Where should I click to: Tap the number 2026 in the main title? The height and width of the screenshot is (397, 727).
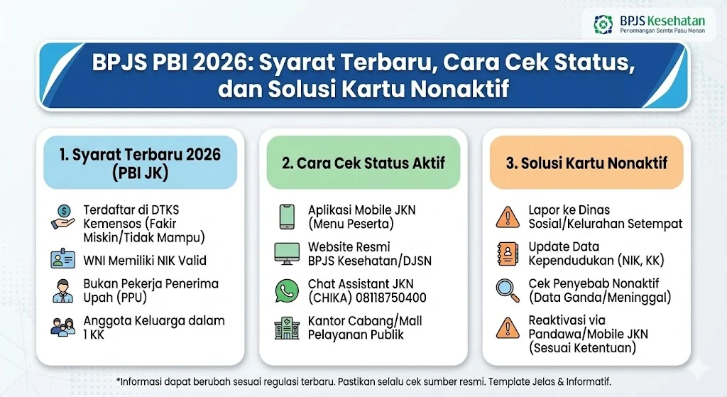pos(219,62)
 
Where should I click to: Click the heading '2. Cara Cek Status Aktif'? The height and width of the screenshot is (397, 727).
pos(363,163)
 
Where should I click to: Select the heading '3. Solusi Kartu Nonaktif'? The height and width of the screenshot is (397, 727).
pos(586,163)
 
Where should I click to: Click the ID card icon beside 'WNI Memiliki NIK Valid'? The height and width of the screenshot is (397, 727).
pos(63,260)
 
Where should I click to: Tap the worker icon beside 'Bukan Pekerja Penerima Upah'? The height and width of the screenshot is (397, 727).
pos(63,290)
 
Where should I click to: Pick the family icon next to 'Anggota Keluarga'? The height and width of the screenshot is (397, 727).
pos(63,327)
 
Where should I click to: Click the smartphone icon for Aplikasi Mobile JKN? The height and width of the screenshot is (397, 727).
pos(287,217)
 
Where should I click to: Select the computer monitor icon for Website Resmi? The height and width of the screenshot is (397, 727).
pos(287,254)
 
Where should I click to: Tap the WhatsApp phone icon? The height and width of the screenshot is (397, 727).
pos(287,290)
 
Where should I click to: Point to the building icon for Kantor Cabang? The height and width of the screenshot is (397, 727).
pos(287,327)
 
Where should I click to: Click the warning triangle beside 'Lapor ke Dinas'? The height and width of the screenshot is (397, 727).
pos(508,217)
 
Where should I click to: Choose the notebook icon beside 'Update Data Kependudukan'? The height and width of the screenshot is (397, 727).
pos(508,254)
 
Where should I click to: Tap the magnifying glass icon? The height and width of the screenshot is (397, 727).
pos(508,290)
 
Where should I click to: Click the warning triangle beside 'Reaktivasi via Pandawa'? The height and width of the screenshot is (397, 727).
pos(508,327)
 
